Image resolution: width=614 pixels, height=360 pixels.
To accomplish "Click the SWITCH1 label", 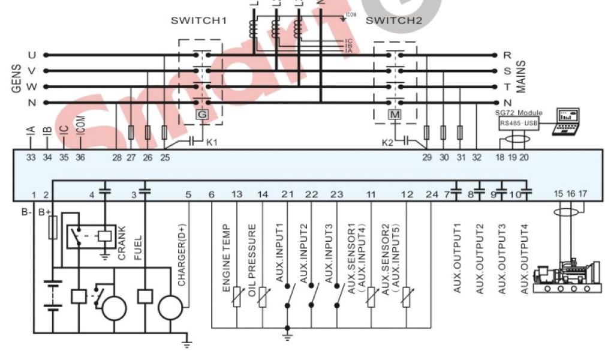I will tap(198, 20).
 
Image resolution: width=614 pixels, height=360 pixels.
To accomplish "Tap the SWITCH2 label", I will tap(393, 20).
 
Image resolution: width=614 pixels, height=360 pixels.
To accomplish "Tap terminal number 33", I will tap(31, 158).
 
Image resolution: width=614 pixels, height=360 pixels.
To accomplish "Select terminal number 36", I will tap(80, 158).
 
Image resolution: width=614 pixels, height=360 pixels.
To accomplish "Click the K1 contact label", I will tap(212, 143).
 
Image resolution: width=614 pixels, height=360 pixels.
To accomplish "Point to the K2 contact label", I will tap(388, 143).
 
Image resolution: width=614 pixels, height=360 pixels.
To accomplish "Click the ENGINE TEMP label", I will tap(227, 259).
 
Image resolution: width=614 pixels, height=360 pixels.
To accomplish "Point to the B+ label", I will tap(44, 212).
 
